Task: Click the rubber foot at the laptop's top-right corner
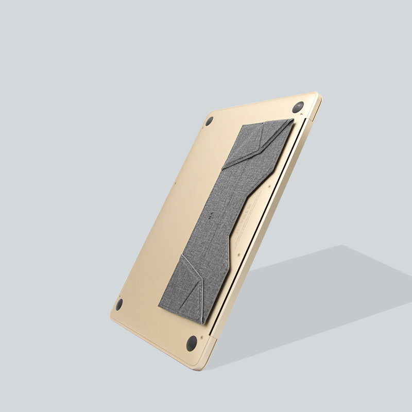(298, 107)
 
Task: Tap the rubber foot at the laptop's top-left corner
(209, 121)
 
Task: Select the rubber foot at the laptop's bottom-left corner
(119, 304)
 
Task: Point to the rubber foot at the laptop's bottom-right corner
(192, 343)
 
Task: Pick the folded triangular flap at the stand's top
(257, 142)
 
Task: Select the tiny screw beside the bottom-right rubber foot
(201, 337)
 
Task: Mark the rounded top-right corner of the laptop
(316, 96)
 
